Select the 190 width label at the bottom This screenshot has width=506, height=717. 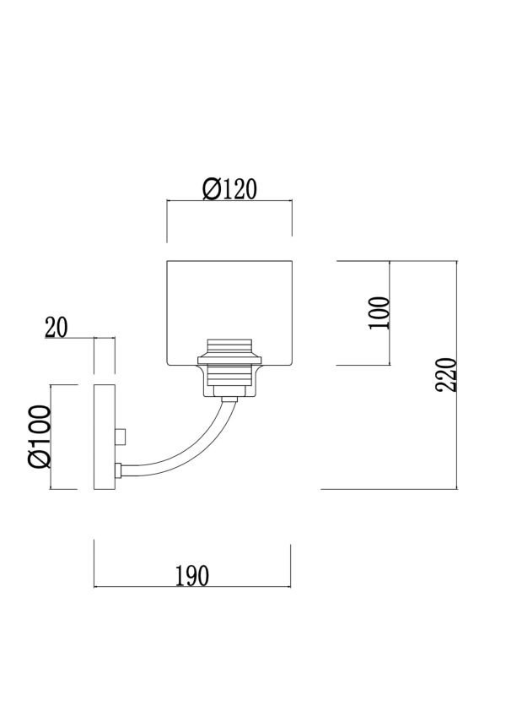coord(191,575)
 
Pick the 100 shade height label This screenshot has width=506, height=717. coord(380,313)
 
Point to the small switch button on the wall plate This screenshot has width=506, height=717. coord(122,436)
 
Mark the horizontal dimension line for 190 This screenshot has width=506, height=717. coord(191,586)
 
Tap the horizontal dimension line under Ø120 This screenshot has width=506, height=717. coord(229,201)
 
